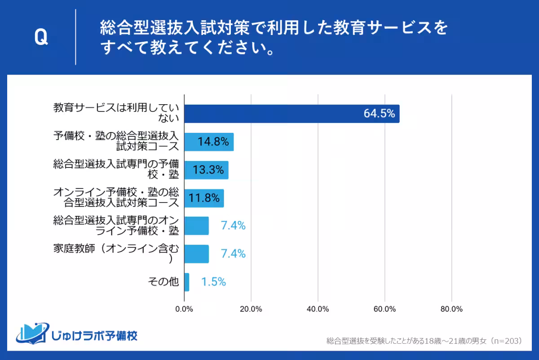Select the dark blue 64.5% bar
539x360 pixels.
coord(292,114)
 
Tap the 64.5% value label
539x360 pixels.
coord(379,114)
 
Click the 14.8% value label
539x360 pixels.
coord(213,142)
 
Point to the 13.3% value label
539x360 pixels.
coord(208,170)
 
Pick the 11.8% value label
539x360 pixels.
coord(204,198)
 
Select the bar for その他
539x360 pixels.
coord(187,282)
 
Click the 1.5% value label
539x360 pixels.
coord(213,282)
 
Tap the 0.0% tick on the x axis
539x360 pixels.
coord(184,309)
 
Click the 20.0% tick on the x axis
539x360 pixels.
coord(251,309)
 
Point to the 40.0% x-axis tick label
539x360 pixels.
coord(318,309)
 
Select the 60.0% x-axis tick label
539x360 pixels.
coord(384,309)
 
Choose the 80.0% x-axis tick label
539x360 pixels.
coord(451,309)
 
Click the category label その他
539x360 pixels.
coord(163,282)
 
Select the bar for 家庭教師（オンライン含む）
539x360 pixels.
coord(197,254)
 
